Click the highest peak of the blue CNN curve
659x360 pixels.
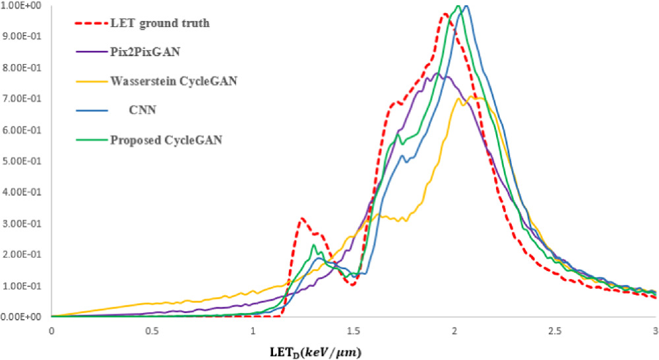466,6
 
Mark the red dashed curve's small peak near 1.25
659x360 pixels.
301,218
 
